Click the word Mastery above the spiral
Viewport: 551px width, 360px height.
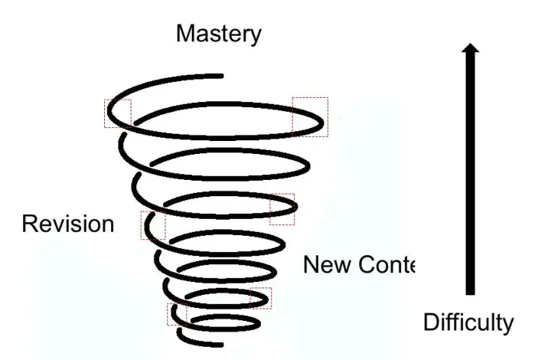(218, 34)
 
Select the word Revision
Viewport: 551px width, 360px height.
(67, 224)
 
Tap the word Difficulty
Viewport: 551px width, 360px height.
(468, 322)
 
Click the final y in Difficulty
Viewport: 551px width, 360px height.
(508, 325)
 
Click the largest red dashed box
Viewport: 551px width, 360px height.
(310, 116)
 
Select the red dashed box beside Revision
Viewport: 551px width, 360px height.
(152, 225)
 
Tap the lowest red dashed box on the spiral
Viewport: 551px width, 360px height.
(177, 314)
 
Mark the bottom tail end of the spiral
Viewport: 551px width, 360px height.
(181, 335)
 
